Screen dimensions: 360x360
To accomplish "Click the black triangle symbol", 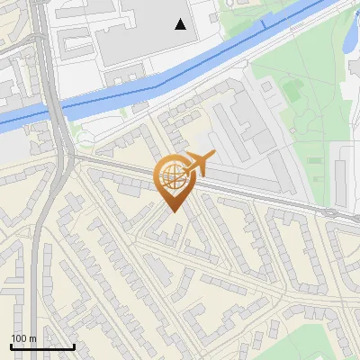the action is click(x=182, y=24).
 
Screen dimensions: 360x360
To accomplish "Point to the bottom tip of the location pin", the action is click(x=172, y=211).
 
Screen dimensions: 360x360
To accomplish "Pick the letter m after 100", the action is click(x=33, y=338).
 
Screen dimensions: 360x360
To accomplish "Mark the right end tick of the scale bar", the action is click(x=75, y=346).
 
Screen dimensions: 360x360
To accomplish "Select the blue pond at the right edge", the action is click(x=347, y=36).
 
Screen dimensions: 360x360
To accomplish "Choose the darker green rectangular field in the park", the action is click(x=292, y=89).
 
